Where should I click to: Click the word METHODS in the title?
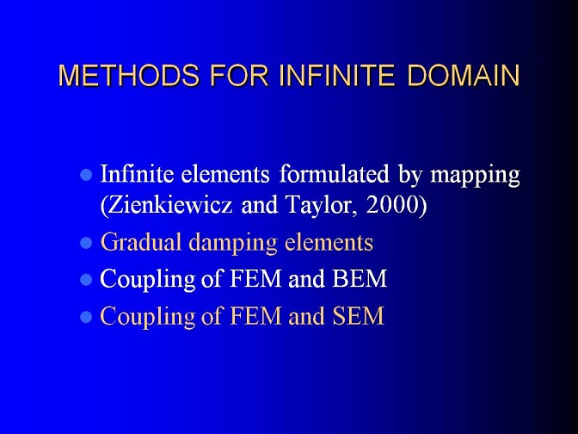point(129,76)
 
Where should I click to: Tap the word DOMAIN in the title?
point(463,76)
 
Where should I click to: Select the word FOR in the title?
point(239,76)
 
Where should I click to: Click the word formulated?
point(334,173)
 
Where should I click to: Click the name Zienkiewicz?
point(167,205)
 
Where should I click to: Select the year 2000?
point(392,205)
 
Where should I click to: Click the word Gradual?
point(141,242)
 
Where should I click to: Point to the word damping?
point(232,244)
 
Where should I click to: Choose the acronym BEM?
point(360,279)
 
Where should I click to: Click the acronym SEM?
point(359,316)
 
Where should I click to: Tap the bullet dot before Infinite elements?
point(86,174)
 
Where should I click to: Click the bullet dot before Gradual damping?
point(86,243)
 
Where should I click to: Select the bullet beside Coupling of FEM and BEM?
point(86,279)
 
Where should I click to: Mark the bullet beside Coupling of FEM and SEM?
point(86,317)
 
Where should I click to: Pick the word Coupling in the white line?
point(147,280)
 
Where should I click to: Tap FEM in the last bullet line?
point(255,316)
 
